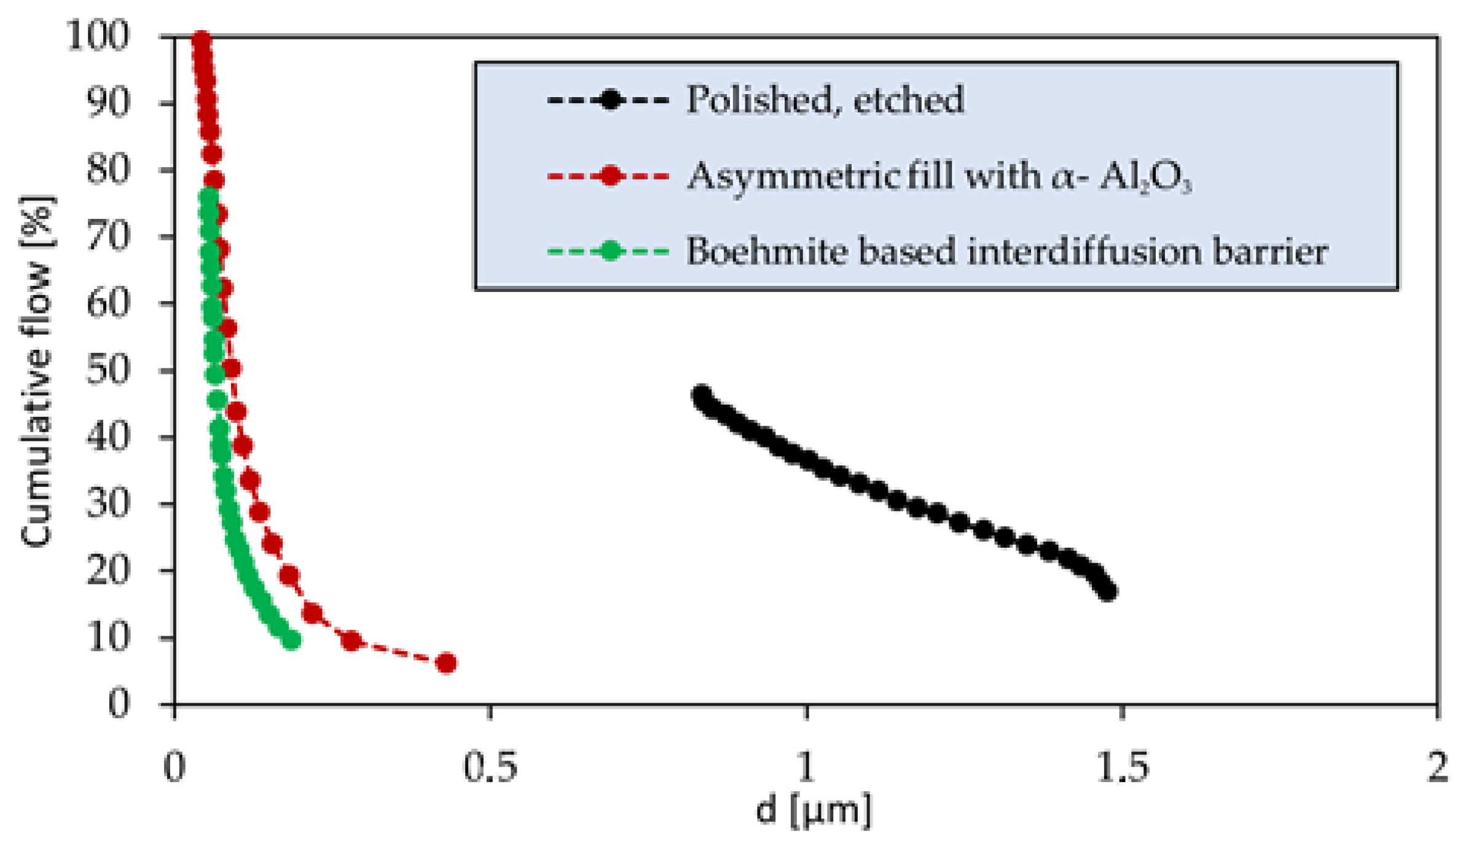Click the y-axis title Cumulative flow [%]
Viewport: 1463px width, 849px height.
[x=37, y=371]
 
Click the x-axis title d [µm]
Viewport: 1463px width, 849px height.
[x=813, y=810]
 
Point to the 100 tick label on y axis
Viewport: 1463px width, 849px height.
[x=98, y=36]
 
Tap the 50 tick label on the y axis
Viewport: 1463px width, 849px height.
[x=108, y=371]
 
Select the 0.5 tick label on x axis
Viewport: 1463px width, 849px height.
[x=490, y=767]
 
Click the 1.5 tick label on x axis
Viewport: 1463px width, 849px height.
[x=1122, y=767]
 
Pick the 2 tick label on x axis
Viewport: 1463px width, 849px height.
[x=1438, y=767]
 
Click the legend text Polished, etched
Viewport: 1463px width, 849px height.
[x=825, y=100]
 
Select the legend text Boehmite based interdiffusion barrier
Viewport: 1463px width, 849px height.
[x=1007, y=251]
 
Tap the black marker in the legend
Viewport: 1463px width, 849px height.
[x=610, y=100]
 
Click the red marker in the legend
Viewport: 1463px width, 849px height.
[x=610, y=176]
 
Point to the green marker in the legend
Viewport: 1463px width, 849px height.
[x=610, y=251]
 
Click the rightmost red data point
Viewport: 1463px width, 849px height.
[x=446, y=663]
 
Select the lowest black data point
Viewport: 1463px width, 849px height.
[x=1107, y=591]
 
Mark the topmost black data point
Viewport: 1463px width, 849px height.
[x=702, y=395]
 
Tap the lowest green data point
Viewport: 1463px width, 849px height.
[x=292, y=641]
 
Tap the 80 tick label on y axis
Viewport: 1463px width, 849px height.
[x=108, y=170]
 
